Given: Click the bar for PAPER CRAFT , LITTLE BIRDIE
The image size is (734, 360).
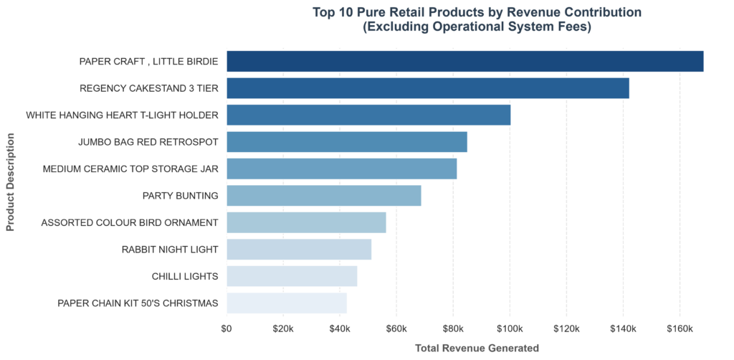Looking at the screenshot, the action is pos(464,62).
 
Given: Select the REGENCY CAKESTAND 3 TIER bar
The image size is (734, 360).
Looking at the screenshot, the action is pos(428,88).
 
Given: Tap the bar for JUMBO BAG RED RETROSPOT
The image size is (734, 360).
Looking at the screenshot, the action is pos(347,142).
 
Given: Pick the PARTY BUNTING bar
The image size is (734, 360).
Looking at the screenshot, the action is pos(324,196).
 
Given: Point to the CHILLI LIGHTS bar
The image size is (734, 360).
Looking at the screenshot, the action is pos(292,276).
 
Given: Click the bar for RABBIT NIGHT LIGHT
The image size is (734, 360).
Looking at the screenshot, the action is pos(299,250).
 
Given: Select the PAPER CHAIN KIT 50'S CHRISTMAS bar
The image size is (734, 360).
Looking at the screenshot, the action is pos(287,303).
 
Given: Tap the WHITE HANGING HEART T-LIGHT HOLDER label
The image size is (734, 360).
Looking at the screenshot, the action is pos(122,115).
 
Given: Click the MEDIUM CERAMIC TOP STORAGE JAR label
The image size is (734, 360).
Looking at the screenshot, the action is pos(130,169).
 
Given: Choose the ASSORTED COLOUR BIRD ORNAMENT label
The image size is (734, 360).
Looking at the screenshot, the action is pos(130,223).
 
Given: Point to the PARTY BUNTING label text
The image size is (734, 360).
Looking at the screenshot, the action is pos(180,196).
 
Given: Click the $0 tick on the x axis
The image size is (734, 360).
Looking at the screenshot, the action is pos(227,328).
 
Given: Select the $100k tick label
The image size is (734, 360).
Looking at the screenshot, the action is pos(510,328).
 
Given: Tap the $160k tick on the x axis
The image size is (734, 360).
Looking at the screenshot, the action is pos(680,328).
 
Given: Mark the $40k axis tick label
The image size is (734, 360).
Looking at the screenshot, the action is pos(340,328).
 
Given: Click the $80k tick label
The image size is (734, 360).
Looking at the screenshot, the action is pos(453,328).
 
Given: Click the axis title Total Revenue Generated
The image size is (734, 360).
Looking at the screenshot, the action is pos(477,349).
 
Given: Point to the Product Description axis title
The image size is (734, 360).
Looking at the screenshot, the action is pos(10,182).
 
